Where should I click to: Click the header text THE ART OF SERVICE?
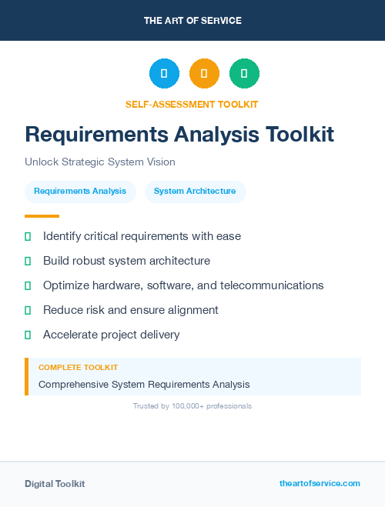192,21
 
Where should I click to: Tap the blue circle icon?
164,74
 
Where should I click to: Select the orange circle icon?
204,74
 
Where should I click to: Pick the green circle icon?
244,74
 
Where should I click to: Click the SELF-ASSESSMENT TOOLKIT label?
192,104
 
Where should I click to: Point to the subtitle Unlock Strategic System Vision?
100,162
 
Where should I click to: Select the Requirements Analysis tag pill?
80,192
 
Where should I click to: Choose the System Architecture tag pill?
195,192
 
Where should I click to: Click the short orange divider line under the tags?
42,216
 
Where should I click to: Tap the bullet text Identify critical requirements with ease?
142,236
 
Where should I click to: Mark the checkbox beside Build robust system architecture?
28,261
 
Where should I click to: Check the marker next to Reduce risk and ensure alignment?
28,310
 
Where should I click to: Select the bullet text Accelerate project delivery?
111,335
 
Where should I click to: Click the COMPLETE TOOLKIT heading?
78,368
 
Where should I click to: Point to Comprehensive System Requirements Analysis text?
144,384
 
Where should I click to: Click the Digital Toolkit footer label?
55,484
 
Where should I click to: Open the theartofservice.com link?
320,483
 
